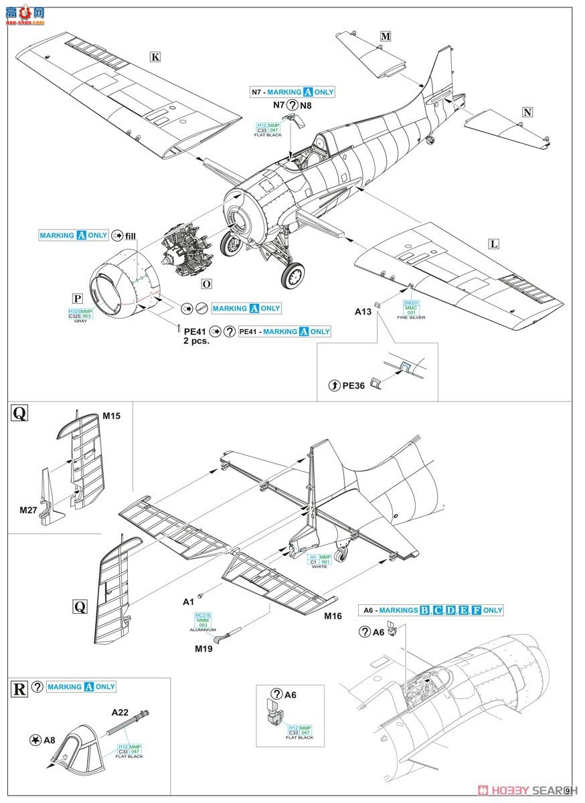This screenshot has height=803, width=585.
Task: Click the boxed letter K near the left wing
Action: coord(155,57)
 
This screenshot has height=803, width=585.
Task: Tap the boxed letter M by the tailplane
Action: coord(385,37)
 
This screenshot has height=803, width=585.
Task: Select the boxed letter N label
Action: coord(527,112)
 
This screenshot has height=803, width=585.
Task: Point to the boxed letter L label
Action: coord(494,244)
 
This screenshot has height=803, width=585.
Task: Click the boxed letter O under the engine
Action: coord(206,284)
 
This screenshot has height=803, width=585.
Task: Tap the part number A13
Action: coord(363,311)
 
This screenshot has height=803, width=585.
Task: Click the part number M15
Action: coord(111,416)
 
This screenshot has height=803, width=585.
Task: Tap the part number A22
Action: coord(119,713)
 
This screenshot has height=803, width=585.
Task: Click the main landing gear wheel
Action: coord(292,274)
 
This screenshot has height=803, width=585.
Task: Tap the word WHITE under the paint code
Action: coord(319,567)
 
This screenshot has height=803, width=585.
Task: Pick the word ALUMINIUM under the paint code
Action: coord(203,630)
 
